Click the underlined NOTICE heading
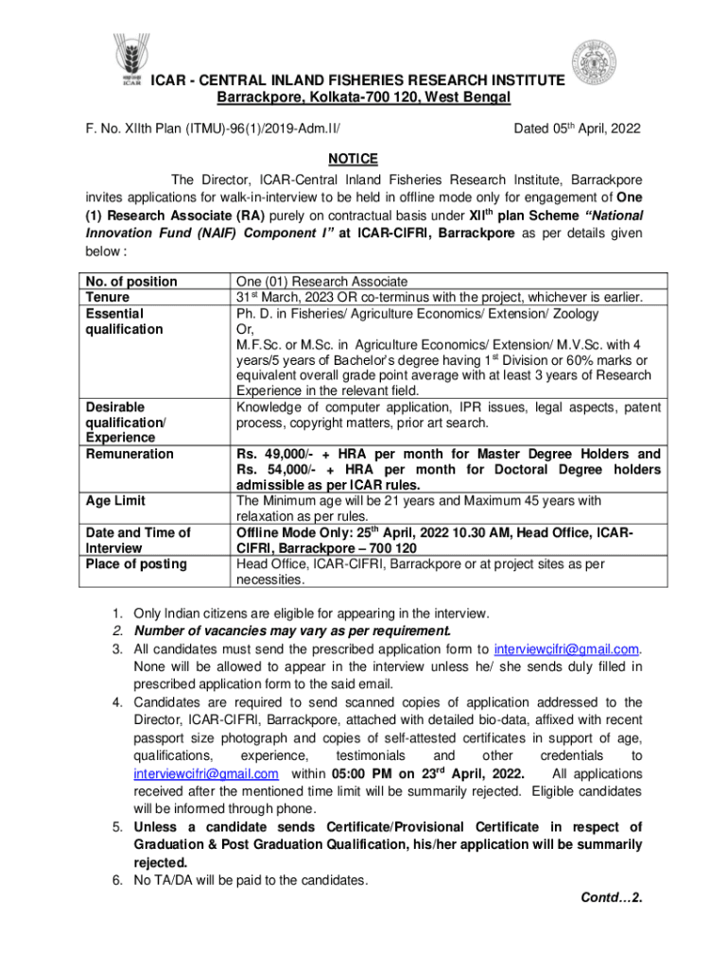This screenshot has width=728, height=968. tap(354, 158)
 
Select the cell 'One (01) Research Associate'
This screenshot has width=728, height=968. tap(321, 282)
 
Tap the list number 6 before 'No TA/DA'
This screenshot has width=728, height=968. tap(116, 881)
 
